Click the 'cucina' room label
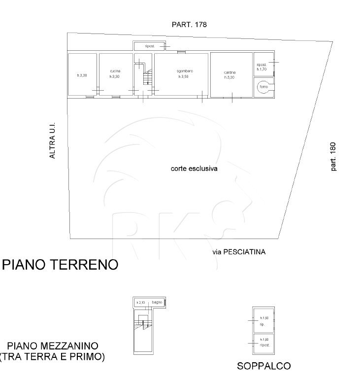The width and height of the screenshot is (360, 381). pos(115,71)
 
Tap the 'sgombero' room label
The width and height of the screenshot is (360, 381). pos(185,71)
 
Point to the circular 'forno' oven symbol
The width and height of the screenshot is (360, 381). pos(263,87)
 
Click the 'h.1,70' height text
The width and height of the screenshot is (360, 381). pos(262,69)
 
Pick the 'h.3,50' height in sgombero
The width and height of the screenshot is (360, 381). pos(184,77)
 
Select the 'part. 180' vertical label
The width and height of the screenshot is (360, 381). pos(333,157)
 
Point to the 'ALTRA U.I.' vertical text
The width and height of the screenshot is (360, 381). pos(53,141)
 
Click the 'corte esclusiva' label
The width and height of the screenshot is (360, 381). pos(194,168)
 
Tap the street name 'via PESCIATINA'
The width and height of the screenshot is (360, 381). pos(239,252)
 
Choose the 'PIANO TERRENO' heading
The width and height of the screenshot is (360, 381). pos(61,265)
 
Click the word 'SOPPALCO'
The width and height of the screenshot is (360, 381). pos(263,366)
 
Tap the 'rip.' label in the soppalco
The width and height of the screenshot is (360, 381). pos(262,325)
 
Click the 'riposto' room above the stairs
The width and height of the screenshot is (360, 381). pos(149,46)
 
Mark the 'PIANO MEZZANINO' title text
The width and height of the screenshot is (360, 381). pos(53,346)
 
